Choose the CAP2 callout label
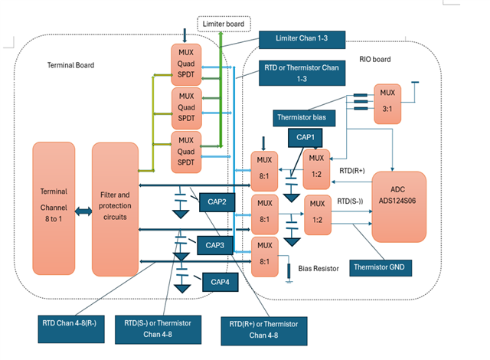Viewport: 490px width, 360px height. coord(217,202)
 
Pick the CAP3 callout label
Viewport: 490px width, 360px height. coord(217,245)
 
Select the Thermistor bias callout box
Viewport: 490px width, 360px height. coord(303,117)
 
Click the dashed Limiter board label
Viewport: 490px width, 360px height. coord(223,24)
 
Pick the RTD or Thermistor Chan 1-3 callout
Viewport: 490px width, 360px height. coord(302,72)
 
